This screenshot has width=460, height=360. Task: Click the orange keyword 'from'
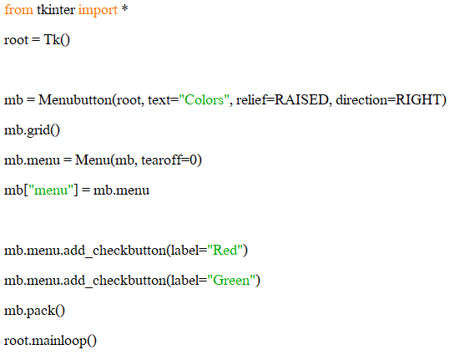(x=18, y=10)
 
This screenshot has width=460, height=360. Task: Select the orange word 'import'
(x=98, y=11)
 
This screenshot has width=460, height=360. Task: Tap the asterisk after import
(x=124, y=8)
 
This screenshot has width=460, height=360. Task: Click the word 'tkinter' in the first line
(x=56, y=10)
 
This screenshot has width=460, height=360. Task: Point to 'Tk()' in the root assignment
(x=57, y=40)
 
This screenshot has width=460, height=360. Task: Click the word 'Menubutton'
(x=75, y=99)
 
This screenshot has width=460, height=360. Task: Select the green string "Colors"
(x=205, y=100)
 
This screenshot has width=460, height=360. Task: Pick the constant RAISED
(x=301, y=99)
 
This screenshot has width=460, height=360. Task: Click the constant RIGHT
(x=418, y=99)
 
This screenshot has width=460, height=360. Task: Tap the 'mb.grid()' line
(x=32, y=130)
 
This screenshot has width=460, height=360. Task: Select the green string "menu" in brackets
(x=51, y=190)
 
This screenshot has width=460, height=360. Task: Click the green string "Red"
(x=225, y=251)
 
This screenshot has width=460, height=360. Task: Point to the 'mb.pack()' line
(x=34, y=311)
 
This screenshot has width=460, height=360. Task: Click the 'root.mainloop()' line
(x=50, y=341)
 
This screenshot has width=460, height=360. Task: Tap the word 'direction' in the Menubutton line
(x=362, y=99)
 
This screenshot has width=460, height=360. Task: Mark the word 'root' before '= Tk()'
(x=16, y=40)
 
